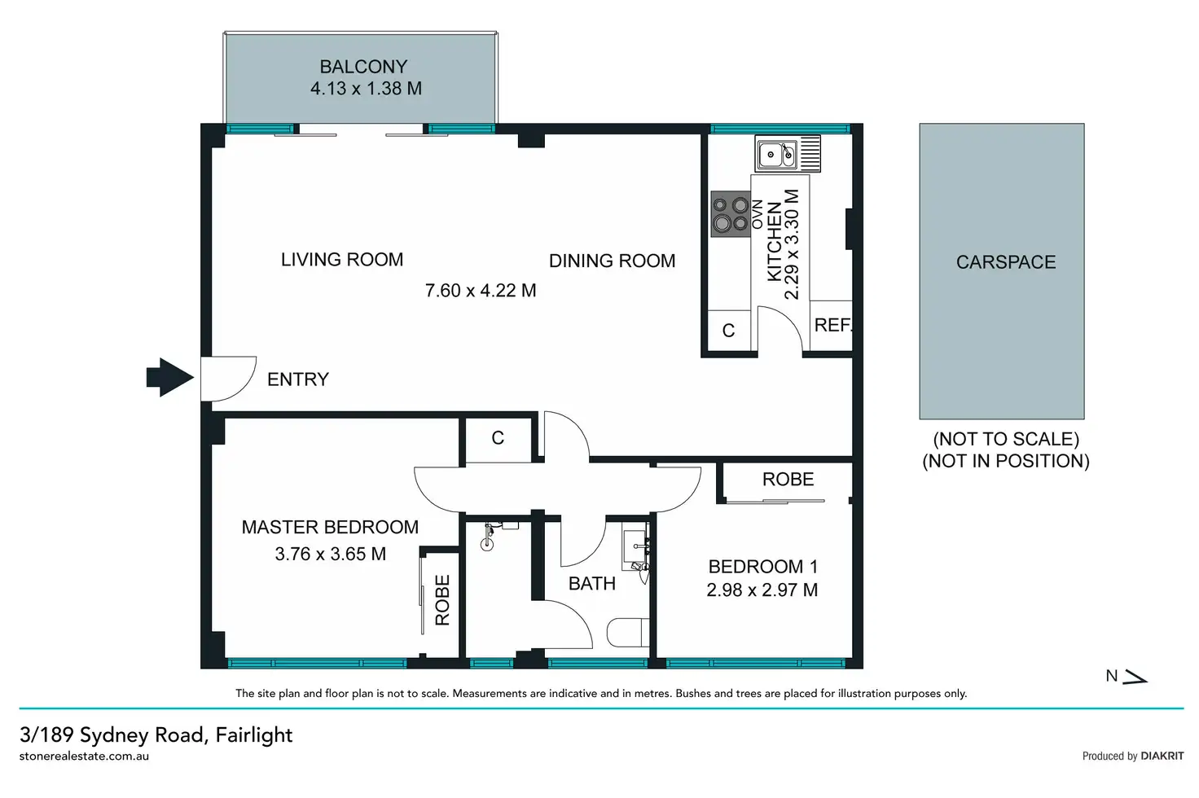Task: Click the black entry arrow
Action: tap(169, 377)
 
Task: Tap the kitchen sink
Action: tap(788, 154)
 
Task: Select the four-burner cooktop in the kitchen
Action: tap(731, 214)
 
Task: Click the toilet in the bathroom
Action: tap(628, 633)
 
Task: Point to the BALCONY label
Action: tap(363, 67)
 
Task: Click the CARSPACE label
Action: tap(1006, 261)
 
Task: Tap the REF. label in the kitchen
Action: tap(833, 325)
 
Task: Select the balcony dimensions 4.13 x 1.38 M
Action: tap(366, 88)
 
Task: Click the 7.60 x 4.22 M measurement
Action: tap(480, 290)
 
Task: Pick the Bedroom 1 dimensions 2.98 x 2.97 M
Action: tap(762, 590)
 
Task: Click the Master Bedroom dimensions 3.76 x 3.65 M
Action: tap(330, 554)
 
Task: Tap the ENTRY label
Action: tap(297, 379)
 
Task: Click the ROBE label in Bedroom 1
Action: tap(788, 479)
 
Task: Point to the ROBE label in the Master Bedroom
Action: tap(442, 600)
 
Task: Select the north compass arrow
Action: tap(1135, 677)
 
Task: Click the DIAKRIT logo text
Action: tap(1162, 756)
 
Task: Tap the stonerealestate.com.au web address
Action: tap(84, 756)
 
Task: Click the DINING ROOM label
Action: tap(612, 261)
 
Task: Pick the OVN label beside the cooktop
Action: tap(758, 214)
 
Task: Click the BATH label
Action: tap(591, 583)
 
